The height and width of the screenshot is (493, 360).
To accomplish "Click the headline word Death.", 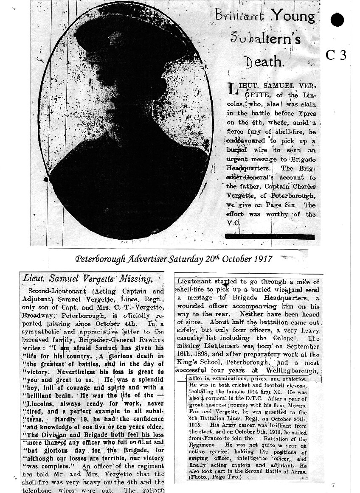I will click(x=264, y=62).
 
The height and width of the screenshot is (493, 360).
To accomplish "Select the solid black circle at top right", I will click(x=337, y=20).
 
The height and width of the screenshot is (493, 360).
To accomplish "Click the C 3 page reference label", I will click(x=337, y=56).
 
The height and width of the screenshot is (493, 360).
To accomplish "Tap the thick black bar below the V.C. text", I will click(x=270, y=236).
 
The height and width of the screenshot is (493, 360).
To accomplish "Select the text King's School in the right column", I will click(x=197, y=363).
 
